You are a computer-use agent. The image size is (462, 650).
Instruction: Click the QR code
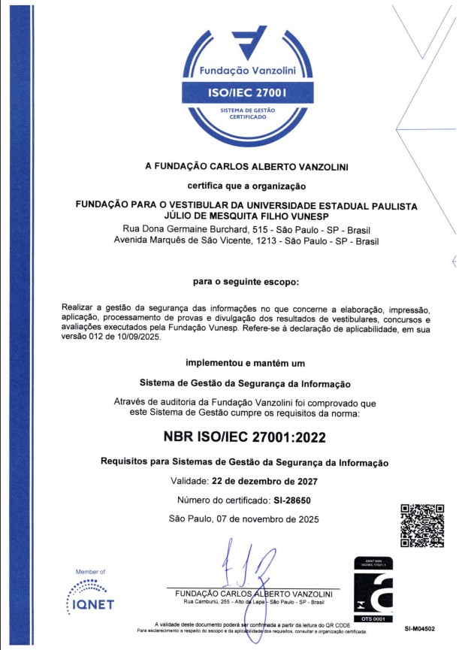pos(421,525)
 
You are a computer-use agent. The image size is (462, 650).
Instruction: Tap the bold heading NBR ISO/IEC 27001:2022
pos(244,437)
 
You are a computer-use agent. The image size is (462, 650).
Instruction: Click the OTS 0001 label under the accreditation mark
pos(373,618)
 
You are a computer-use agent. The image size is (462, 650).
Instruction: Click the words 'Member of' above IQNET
pos(91,572)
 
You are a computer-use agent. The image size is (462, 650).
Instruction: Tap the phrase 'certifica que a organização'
pos(244,185)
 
